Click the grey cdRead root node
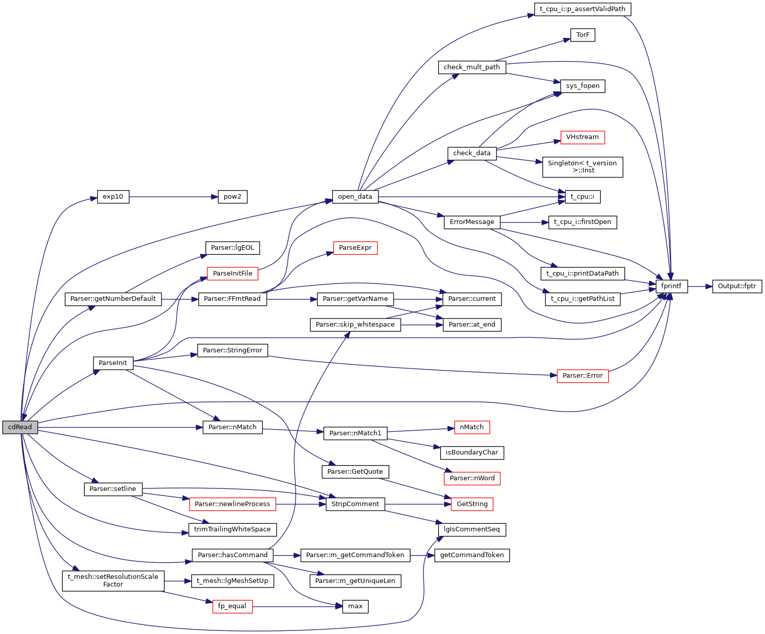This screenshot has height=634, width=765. (x=20, y=427)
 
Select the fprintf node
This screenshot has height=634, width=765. (x=671, y=286)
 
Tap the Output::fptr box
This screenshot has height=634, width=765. (x=737, y=286)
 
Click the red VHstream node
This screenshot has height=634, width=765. (x=582, y=137)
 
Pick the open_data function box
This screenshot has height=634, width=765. (x=355, y=197)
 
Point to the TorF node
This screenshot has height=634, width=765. (x=583, y=35)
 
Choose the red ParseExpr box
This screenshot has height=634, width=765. (x=355, y=248)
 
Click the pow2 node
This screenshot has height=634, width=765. (x=233, y=197)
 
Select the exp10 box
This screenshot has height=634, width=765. (x=113, y=197)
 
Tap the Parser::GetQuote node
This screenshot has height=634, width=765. (x=355, y=472)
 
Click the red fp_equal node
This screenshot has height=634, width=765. (x=232, y=606)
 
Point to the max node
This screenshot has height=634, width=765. (x=355, y=606)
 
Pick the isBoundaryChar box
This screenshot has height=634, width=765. (x=472, y=452)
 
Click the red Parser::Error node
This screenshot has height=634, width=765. (x=582, y=376)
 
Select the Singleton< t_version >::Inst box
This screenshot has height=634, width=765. (x=582, y=167)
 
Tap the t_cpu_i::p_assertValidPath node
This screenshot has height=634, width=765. (x=583, y=9)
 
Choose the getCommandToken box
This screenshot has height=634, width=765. (x=472, y=555)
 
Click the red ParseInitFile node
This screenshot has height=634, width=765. (x=233, y=274)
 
